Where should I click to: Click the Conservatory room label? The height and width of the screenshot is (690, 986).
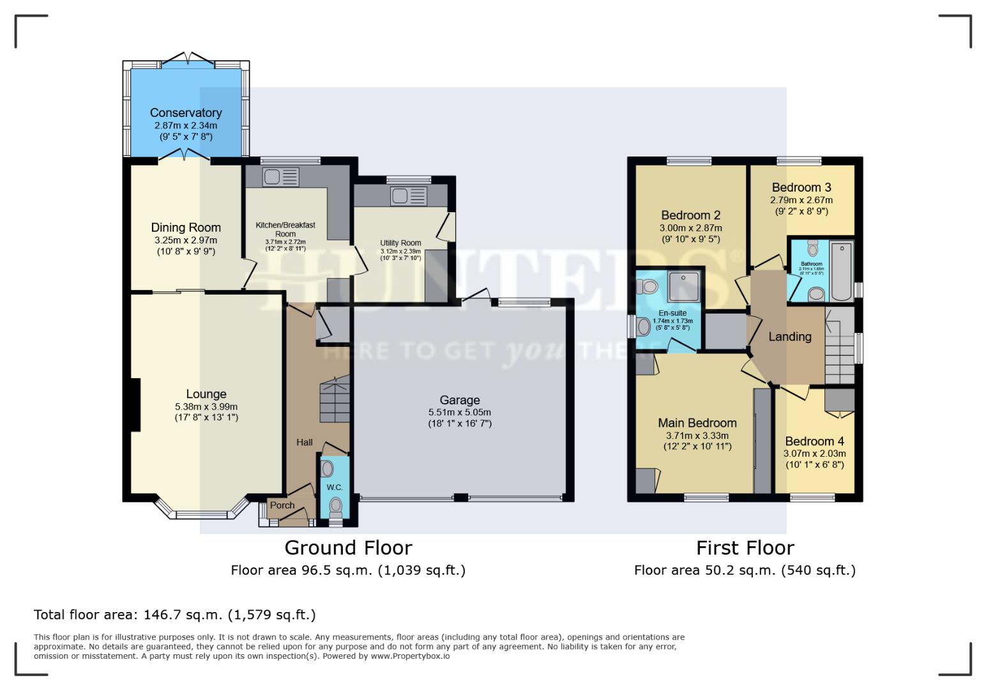(x=186, y=113)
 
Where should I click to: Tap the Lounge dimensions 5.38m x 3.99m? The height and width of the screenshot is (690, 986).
(x=206, y=406)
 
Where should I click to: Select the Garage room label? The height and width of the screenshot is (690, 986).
(x=460, y=401)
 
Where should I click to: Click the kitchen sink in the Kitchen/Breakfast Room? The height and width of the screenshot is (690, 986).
(x=280, y=177)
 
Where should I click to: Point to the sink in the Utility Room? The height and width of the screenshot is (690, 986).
(x=409, y=196)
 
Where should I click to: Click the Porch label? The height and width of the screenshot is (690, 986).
(x=282, y=505)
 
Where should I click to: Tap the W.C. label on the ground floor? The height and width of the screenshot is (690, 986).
(x=335, y=487)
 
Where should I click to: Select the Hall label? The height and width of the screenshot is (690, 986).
(x=305, y=442)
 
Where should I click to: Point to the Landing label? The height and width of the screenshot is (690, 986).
(x=790, y=337)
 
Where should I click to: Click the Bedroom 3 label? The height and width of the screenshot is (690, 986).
(x=801, y=187)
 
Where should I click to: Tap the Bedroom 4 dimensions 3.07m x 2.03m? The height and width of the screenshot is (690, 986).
(x=814, y=454)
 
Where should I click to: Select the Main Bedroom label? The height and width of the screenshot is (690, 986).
(x=697, y=423)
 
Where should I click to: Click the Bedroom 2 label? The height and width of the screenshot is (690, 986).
(x=691, y=215)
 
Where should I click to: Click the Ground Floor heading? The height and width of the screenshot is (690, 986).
(x=348, y=548)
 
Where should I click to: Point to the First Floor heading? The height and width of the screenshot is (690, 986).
(x=745, y=548)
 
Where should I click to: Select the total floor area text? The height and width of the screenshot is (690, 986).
(x=174, y=615)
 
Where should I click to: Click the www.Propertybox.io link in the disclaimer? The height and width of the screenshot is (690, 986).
(x=410, y=656)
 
